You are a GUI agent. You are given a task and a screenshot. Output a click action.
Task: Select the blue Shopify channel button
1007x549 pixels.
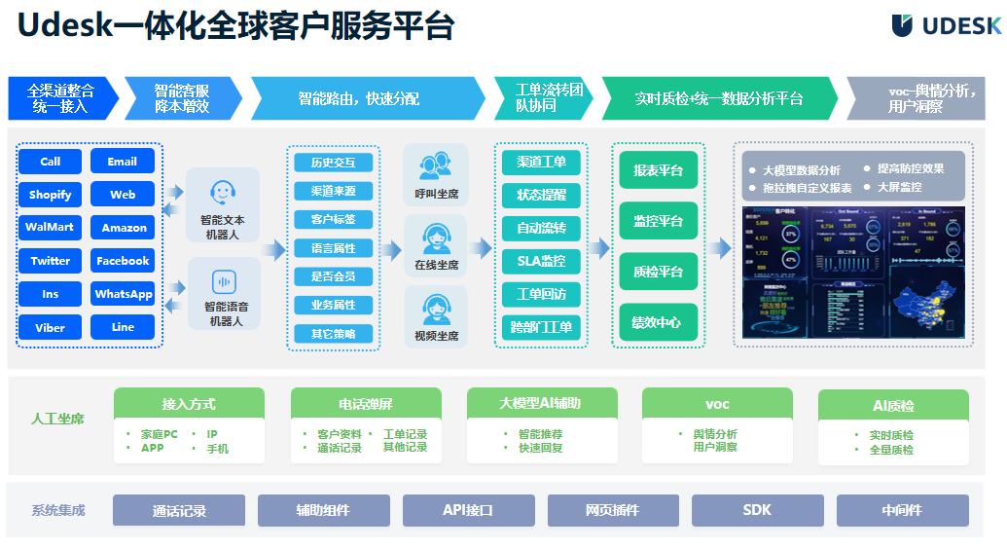pos(51,195)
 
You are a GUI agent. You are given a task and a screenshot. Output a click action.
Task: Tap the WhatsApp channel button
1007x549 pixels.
pos(123,294)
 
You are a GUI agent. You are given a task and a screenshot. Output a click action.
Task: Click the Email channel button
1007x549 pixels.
pos(123,162)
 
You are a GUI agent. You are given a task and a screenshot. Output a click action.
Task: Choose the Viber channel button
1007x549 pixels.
pos(51,327)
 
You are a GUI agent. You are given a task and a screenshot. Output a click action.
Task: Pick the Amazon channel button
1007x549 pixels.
pos(124,228)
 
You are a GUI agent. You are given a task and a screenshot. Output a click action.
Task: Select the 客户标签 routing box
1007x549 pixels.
pos(334,219)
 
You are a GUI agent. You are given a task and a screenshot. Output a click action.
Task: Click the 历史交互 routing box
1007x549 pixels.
pos(334,163)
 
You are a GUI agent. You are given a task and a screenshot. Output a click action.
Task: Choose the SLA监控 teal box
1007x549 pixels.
pos(542,261)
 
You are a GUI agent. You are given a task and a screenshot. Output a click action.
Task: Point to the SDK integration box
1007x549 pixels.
pos(757,510)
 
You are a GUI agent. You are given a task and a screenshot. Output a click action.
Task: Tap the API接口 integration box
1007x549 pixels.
pos(468,510)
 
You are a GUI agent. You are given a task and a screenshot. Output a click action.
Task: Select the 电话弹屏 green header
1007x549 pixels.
pos(366,404)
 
